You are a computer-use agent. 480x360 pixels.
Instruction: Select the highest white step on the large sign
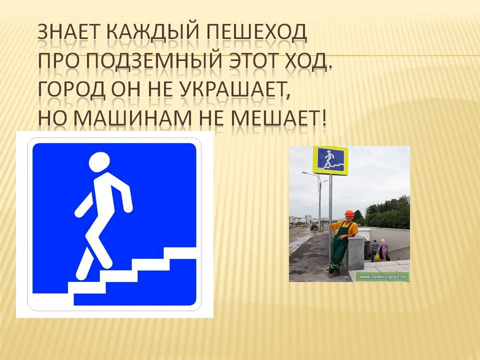[x=179, y=253]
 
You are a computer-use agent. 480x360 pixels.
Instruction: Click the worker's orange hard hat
[x=349, y=213]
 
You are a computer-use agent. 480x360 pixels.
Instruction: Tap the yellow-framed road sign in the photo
[x=330, y=160]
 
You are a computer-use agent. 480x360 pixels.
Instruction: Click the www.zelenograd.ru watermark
[x=384, y=276]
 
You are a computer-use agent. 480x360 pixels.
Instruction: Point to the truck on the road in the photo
[x=314, y=226]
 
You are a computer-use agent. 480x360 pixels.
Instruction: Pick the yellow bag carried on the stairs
[x=377, y=256]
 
